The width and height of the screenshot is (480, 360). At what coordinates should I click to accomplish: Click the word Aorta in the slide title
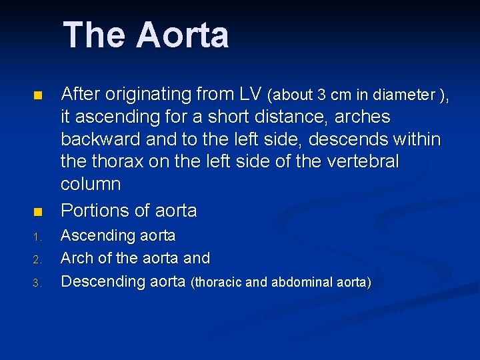(x=182, y=35)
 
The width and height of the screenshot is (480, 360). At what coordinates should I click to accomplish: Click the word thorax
(x=118, y=162)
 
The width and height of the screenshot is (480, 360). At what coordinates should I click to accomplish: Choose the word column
(x=91, y=184)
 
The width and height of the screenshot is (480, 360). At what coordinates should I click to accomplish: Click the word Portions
(x=95, y=211)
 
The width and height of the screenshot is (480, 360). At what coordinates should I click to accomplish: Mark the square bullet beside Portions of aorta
(x=37, y=212)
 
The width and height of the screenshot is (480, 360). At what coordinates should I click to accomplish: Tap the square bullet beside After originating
(x=37, y=96)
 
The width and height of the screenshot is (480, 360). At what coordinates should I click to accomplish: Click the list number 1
(x=38, y=237)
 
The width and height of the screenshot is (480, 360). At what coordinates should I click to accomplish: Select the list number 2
(x=38, y=259)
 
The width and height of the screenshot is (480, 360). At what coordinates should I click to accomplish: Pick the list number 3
(x=38, y=283)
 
